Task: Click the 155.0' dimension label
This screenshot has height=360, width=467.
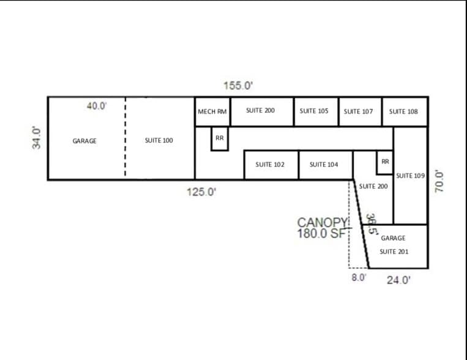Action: pos(238,86)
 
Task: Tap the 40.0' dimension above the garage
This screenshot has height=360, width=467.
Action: pos(97,106)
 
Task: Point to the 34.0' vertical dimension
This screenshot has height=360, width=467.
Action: pos(37,137)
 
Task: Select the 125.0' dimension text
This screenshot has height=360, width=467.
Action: pos(201,192)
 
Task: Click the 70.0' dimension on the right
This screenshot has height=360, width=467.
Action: pos(439,181)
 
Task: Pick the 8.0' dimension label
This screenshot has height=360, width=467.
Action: pos(359,277)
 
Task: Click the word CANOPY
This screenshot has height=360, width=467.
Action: pos(322,222)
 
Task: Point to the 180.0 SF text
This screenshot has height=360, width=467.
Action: pos(322,233)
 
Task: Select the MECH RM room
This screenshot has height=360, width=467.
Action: pos(212,111)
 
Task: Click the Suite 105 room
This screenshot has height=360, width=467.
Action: pos(314,111)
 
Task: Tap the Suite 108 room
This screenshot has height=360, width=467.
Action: pos(403,111)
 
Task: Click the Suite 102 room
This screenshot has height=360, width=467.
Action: pos(270,165)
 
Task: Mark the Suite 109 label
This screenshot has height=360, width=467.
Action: pos(410,176)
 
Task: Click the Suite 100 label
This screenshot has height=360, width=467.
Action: pos(159,140)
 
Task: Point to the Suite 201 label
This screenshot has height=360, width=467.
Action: pos(394,252)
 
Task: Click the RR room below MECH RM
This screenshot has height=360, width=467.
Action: pos(220,138)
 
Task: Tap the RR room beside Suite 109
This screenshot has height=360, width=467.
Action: pos(385,162)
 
